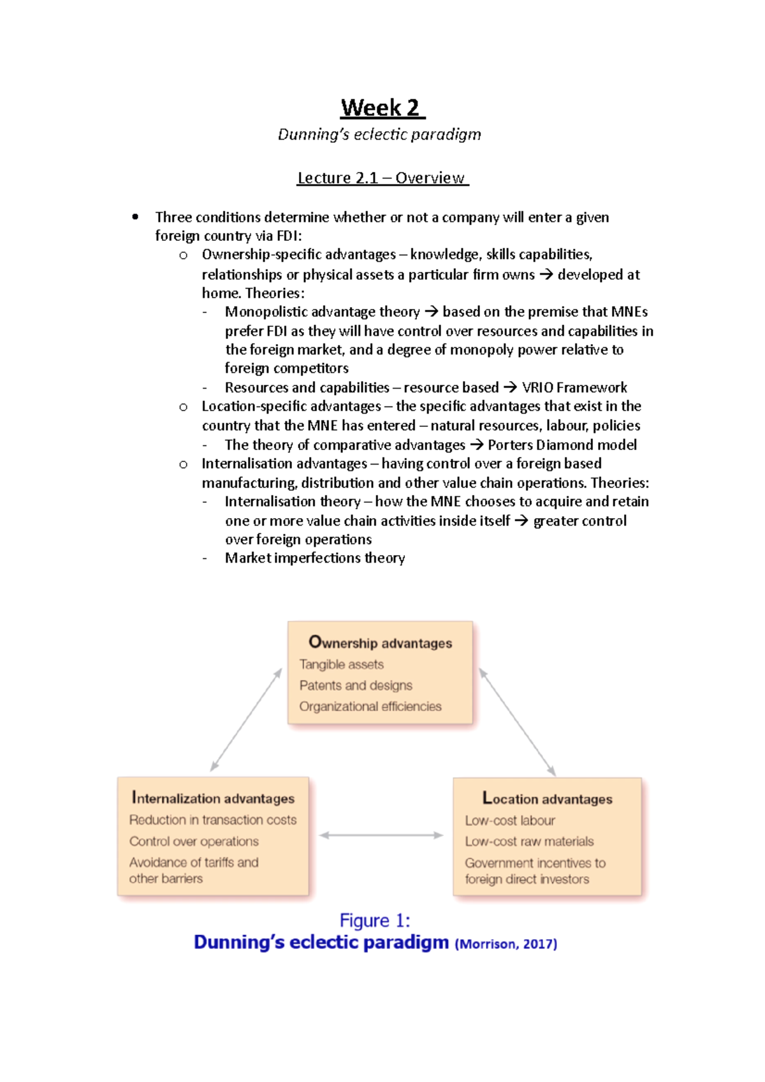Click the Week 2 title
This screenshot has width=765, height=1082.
pos(382,108)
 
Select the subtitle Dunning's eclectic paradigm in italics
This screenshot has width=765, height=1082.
pos(379,134)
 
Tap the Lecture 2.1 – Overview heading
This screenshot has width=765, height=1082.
pos(382,178)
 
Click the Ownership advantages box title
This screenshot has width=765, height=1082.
pos(381,642)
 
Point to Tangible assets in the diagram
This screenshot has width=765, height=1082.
pos(342,664)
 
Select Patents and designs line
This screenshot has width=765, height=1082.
pos(356,685)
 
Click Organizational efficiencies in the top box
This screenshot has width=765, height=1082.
pos(370,706)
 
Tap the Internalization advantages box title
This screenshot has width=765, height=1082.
pos(213,798)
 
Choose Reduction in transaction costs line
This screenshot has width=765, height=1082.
pos(213,819)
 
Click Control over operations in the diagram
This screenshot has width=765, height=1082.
pos(194,841)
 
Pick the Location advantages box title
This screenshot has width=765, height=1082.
pos(547,798)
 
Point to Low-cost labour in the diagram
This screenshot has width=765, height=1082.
pos(510,820)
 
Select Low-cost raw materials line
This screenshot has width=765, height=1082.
pos(529,841)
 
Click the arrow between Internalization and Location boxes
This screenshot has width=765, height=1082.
pos(381,835)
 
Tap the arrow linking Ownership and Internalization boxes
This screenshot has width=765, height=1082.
pos(246,720)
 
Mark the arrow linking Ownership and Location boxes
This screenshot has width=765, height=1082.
pos(517,721)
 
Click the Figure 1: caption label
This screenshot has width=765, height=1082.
pos(375,920)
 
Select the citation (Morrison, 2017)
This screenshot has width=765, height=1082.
pos(506,944)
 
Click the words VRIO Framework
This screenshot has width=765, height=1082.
pos(574,387)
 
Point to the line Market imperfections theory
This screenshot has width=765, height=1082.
pos(315,558)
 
